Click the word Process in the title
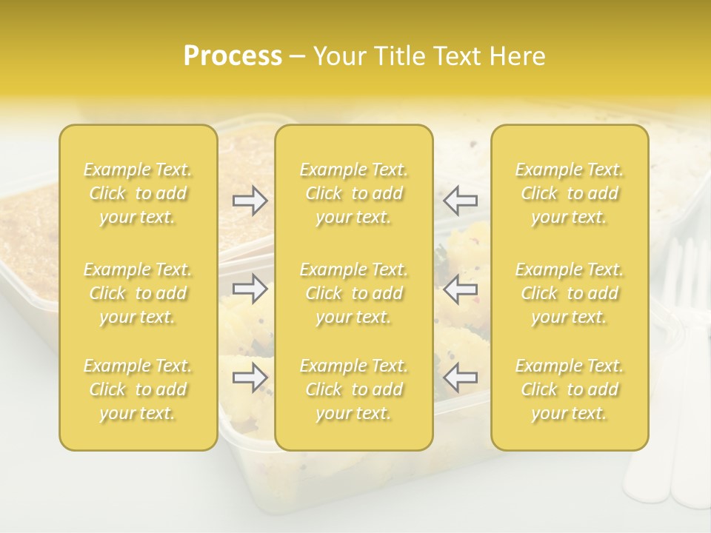click(233, 56)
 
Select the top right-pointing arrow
click(250, 200)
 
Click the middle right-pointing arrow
click(250, 289)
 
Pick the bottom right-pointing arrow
click(250, 378)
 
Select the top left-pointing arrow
click(460, 200)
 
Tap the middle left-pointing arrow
click(460, 289)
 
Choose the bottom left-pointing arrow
click(460, 378)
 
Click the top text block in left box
click(138, 193)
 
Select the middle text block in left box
click(138, 293)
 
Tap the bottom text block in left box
click(138, 389)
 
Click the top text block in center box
click(353, 193)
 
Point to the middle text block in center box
click(353, 293)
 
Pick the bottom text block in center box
click(353, 389)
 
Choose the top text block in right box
click(570, 193)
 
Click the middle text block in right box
click(570, 293)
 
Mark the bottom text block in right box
click(570, 389)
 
